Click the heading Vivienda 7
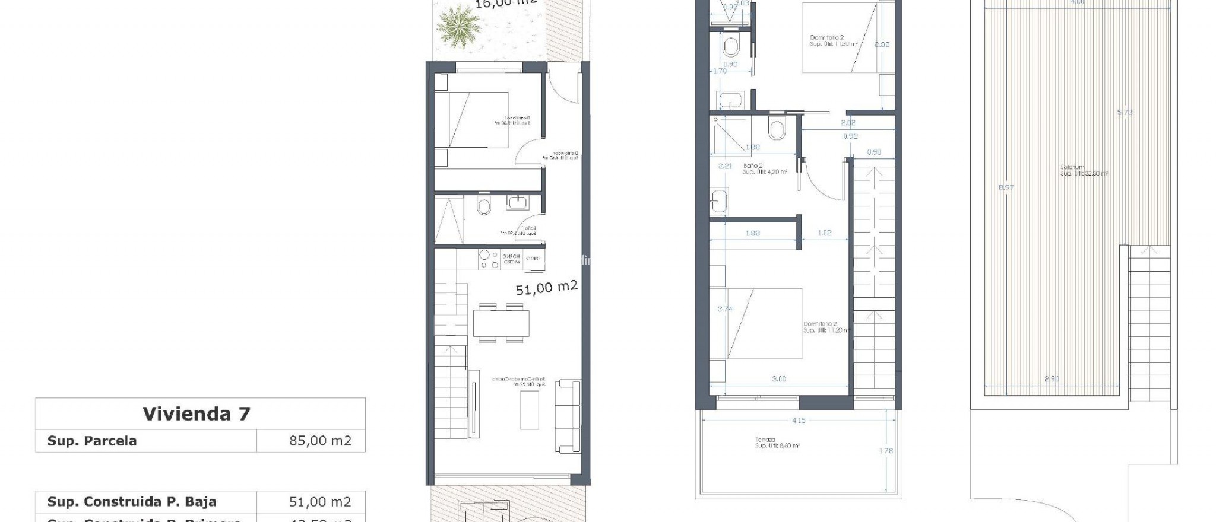(x=197, y=413)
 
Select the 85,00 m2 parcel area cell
(x=319, y=441)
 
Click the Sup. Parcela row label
(x=92, y=441)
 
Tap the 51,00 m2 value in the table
(x=319, y=502)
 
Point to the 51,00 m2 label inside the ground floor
(x=546, y=288)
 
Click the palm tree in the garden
(x=458, y=26)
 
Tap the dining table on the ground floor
(x=501, y=323)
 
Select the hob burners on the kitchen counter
(x=489, y=260)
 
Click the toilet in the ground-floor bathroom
(x=484, y=206)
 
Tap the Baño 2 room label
(x=753, y=166)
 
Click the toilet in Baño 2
(x=776, y=129)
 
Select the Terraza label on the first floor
(x=765, y=440)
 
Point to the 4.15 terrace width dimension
(x=798, y=420)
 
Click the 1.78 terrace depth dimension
(x=885, y=451)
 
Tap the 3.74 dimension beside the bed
(x=724, y=309)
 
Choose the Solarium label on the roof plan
(x=1072, y=167)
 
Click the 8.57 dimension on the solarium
(x=1006, y=187)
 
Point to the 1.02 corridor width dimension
(x=824, y=233)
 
